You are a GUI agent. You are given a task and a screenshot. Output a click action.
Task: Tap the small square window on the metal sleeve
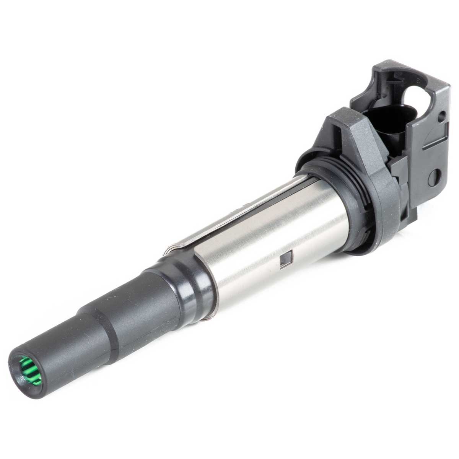pyautogui.click(x=285, y=260)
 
